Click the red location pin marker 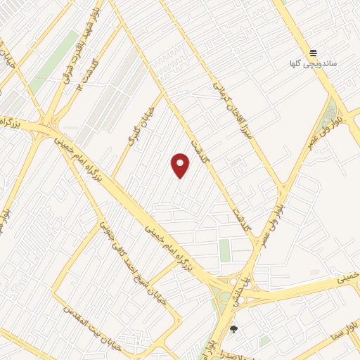[x=181, y=165]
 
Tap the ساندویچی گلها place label [x=314, y=63]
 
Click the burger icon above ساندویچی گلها [x=313, y=53]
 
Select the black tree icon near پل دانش [x=234, y=329]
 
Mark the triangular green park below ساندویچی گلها [x=331, y=112]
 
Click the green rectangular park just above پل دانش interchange [x=225, y=250]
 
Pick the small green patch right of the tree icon [x=264, y=341]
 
